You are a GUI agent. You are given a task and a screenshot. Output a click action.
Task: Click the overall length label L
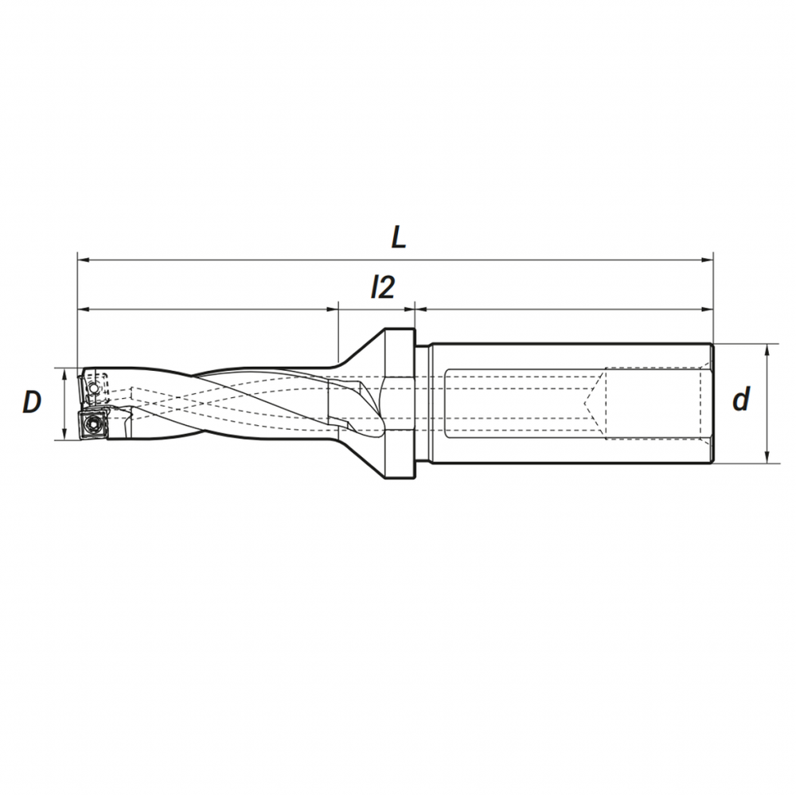click(x=399, y=236)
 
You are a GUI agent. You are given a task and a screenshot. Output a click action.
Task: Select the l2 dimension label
click(x=382, y=288)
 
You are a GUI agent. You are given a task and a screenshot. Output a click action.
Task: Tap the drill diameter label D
click(x=32, y=402)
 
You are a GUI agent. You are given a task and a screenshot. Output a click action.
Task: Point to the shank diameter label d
click(x=741, y=399)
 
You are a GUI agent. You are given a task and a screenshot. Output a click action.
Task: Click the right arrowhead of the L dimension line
click(x=707, y=260)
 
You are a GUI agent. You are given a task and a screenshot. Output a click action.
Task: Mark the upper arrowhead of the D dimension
click(x=64, y=375)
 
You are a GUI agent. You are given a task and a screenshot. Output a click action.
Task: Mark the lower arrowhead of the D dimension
click(x=64, y=434)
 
